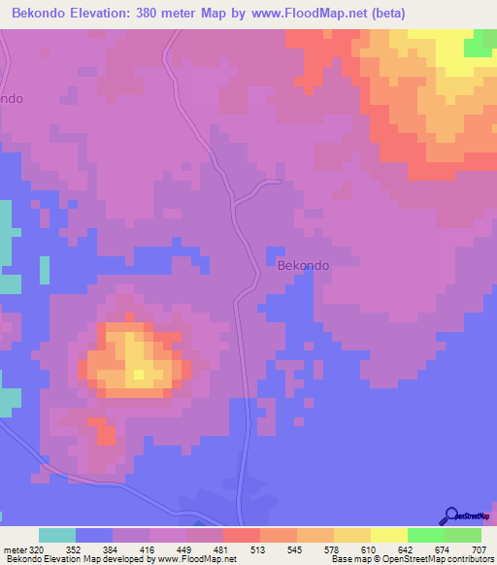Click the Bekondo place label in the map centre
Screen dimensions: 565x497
[x=304, y=264]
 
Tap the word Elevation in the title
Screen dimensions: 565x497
[x=108, y=14]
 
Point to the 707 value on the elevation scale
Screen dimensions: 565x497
[x=478, y=548]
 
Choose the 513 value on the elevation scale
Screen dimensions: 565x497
[x=256, y=548]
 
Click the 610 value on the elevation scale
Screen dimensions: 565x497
[x=367, y=548]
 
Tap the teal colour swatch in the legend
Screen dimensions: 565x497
[x=57, y=535]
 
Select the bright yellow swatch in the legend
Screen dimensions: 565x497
[x=389, y=535]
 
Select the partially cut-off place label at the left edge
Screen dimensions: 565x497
[x=11, y=99]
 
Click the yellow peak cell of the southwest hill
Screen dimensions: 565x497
[x=139, y=374]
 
